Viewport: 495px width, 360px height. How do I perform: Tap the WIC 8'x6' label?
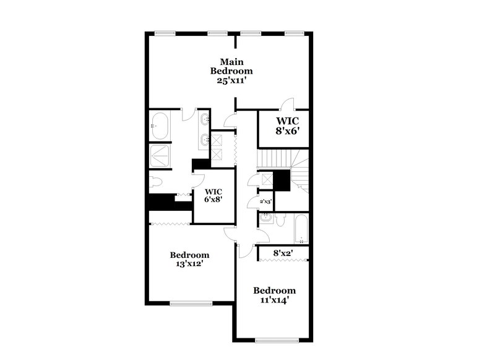[x=288, y=126]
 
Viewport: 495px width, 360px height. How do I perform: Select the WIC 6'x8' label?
[x=213, y=195]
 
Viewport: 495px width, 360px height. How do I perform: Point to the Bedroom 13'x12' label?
[x=189, y=259]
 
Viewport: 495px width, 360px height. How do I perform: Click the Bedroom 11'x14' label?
[x=274, y=295]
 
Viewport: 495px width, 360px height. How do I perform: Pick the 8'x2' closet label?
[x=283, y=252]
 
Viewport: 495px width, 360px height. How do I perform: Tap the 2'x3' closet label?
[x=265, y=202]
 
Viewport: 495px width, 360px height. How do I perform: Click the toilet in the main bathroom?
[x=155, y=181]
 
